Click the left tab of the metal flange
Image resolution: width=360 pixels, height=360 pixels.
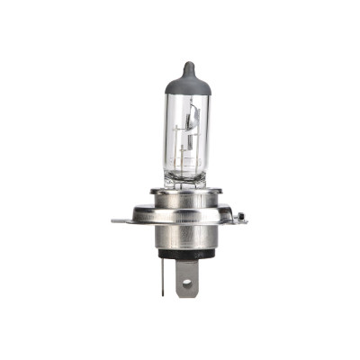pyautogui.click(x=120, y=220)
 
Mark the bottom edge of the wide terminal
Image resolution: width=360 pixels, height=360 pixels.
pyautogui.click(x=187, y=296)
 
